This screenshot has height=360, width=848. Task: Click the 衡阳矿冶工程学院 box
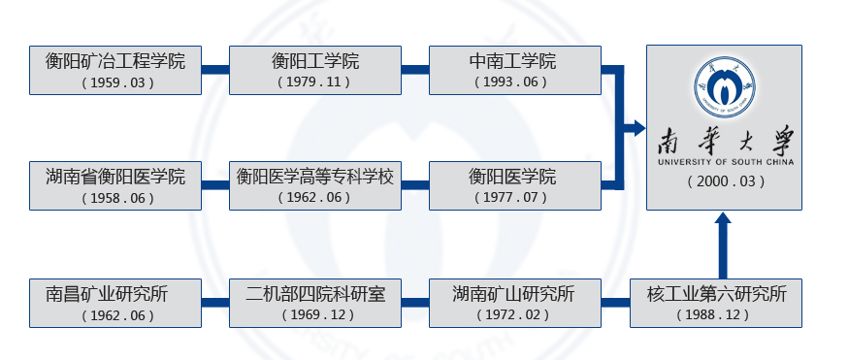pyautogui.click(x=115, y=70)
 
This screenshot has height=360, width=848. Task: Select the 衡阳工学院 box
pyautogui.click(x=315, y=70)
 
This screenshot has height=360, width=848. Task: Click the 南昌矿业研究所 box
pyautogui.click(x=115, y=303)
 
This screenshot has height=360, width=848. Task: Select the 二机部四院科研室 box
pyautogui.click(x=315, y=303)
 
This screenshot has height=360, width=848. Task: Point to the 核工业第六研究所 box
pyautogui.click(x=716, y=303)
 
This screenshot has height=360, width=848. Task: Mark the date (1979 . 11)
pyautogui.click(x=315, y=82)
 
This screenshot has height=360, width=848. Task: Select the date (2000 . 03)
pyautogui.click(x=725, y=181)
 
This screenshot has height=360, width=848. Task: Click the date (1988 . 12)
pyautogui.click(x=716, y=315)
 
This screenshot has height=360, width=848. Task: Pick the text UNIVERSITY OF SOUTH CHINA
pyautogui.click(x=725, y=162)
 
